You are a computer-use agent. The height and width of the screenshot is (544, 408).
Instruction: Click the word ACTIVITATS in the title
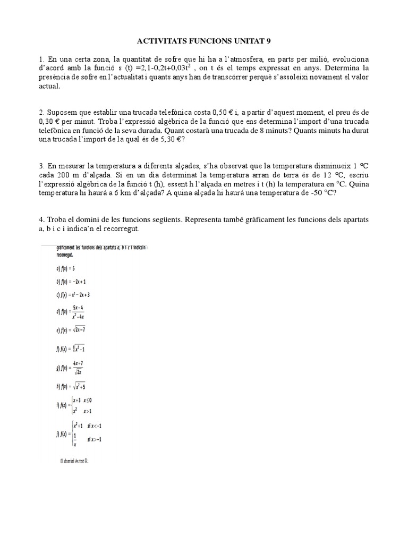(x=161, y=40)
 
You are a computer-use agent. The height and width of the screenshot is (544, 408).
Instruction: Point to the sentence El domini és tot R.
(x=74, y=461)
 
